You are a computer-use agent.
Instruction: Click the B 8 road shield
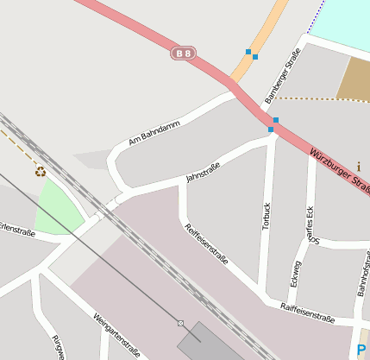(x=183, y=54)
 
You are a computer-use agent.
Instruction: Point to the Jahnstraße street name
(x=203, y=173)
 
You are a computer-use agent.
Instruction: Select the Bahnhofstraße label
(x=363, y=271)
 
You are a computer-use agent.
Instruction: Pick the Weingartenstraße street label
(x=117, y=335)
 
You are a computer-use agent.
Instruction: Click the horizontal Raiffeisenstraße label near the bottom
(x=307, y=313)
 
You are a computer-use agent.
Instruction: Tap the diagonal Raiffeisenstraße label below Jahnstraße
(x=207, y=244)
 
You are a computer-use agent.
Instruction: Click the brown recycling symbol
(x=41, y=171)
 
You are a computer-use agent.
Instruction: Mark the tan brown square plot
(x=353, y=79)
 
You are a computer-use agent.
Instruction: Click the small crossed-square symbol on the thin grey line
(x=180, y=323)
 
